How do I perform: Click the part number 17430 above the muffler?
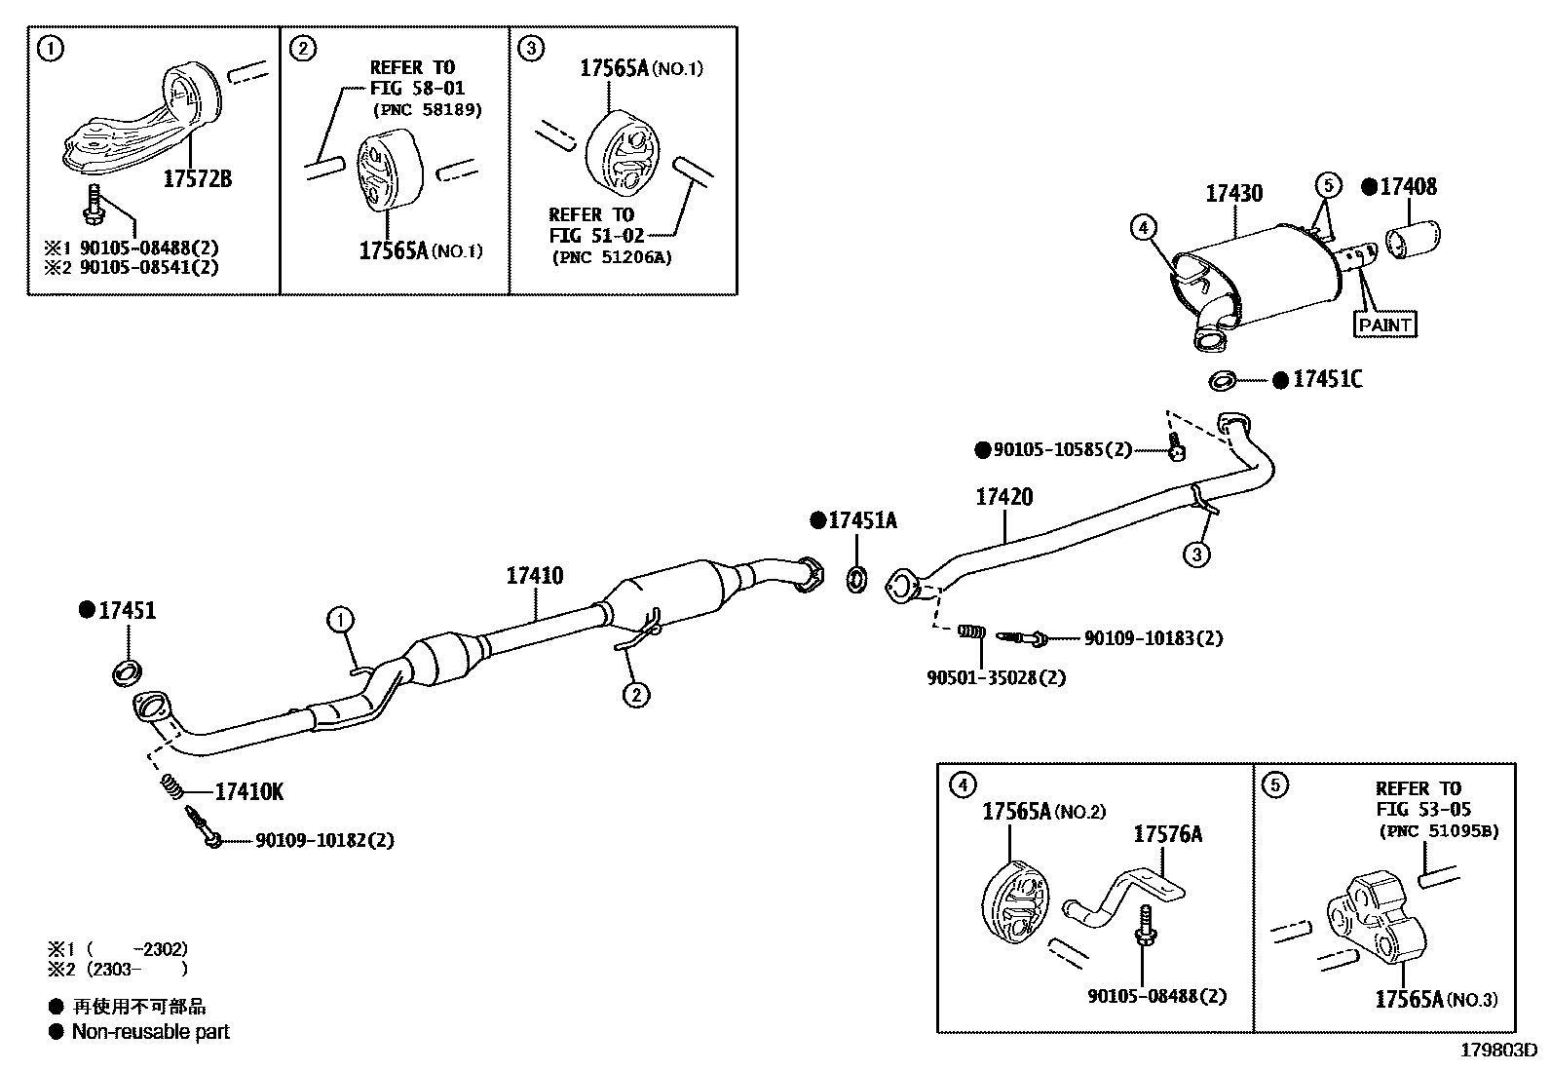[x=1233, y=193]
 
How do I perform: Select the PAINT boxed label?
[x=1384, y=324]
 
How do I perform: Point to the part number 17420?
[x=1004, y=497]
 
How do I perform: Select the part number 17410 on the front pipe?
[x=534, y=575]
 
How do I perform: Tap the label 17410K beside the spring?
[x=249, y=791]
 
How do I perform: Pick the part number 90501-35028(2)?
[x=996, y=677]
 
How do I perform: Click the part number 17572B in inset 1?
[x=198, y=179]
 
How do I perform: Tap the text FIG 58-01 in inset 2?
[x=417, y=89]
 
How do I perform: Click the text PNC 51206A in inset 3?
[x=612, y=257]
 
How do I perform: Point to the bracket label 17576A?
[x=1167, y=834]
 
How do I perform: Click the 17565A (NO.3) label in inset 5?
[x=1436, y=999]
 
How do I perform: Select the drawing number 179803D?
[x=1497, y=1051]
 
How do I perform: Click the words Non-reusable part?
[x=150, y=1031]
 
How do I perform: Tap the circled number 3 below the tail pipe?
[x=1196, y=555]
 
